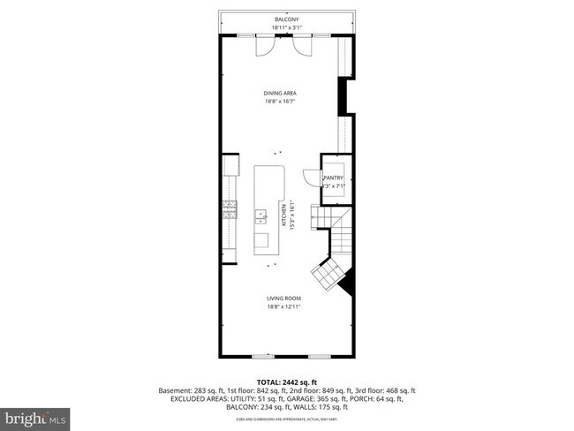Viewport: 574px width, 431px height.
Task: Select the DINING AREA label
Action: (279, 93)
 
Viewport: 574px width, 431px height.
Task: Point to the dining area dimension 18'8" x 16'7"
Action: (279, 102)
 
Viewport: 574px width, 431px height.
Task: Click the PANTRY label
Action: (333, 178)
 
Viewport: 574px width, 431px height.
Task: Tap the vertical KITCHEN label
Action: (284, 215)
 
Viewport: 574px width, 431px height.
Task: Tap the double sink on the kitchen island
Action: (261, 214)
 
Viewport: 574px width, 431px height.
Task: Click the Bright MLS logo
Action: (36, 414)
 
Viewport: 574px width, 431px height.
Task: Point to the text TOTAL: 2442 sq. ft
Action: (286, 382)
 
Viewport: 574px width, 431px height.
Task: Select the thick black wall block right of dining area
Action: (346, 96)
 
